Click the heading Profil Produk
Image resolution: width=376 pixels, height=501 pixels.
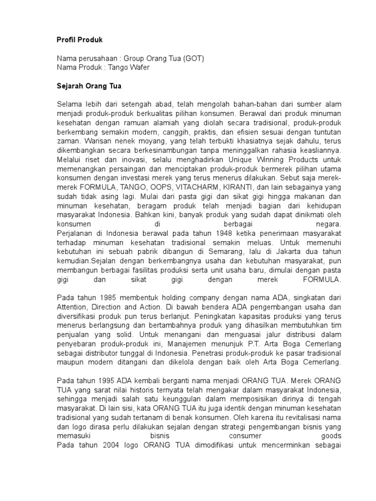79,39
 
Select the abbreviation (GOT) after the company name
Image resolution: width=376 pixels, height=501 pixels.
193,58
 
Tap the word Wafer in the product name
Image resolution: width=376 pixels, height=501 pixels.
139,67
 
